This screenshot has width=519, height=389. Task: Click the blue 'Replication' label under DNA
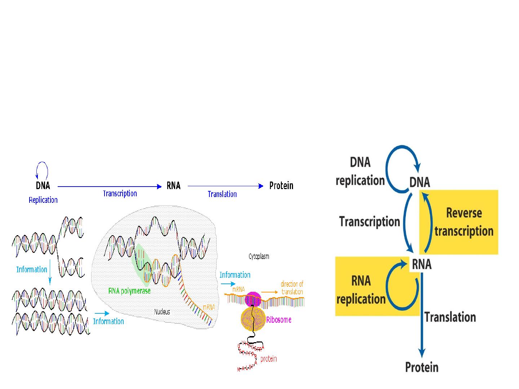(43, 200)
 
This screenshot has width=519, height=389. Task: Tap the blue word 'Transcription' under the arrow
(120, 193)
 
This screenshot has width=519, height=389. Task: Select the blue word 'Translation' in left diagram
(222, 194)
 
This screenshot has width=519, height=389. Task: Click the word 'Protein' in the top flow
(281, 186)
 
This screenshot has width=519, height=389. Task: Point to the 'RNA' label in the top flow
(173, 186)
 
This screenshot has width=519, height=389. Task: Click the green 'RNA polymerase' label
(129, 291)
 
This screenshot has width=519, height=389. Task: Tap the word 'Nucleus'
(162, 312)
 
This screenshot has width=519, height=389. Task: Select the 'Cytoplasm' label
(259, 256)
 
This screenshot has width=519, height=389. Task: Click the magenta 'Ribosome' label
(279, 320)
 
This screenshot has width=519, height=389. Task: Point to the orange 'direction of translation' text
(292, 288)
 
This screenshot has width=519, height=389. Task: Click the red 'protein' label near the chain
(269, 359)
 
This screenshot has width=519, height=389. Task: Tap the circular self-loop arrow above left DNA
(42, 170)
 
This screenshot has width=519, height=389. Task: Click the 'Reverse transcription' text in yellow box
(464, 222)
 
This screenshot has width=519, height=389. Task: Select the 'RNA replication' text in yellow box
(361, 290)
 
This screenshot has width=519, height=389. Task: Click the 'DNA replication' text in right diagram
(360, 171)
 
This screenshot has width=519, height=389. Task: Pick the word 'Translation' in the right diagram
(450, 317)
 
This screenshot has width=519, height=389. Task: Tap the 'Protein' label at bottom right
(422, 367)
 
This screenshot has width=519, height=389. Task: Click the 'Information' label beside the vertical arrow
(32, 269)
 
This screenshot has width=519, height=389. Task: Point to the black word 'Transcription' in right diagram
(369, 222)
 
